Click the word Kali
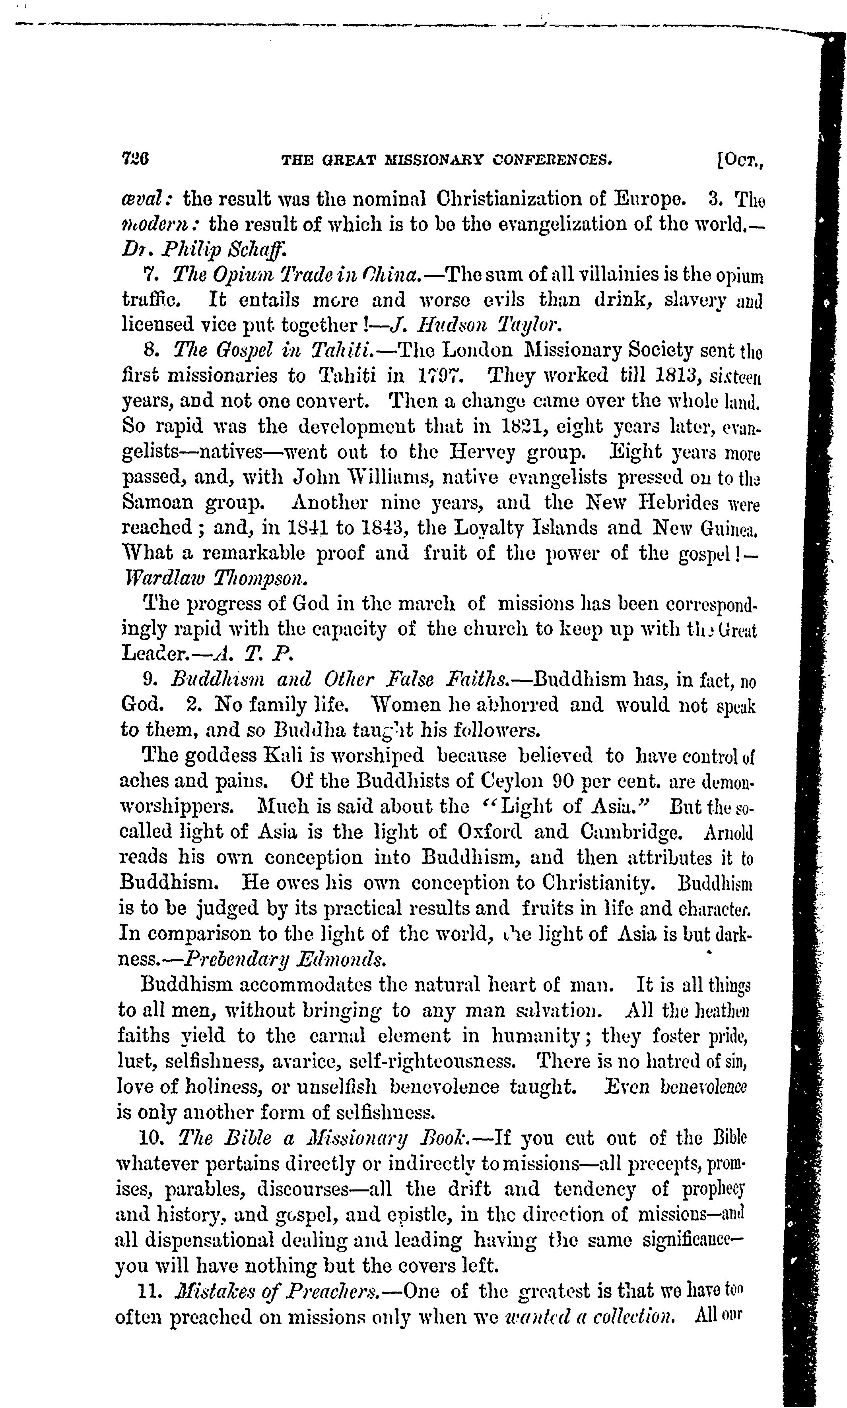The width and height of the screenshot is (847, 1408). [284, 755]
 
